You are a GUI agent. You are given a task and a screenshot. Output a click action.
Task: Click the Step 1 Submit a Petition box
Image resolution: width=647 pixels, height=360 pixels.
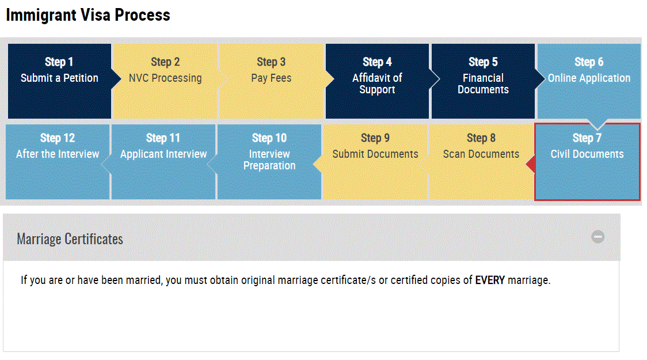(x=59, y=81)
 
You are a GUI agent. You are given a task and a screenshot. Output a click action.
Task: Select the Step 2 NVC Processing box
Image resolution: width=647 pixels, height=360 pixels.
(x=165, y=81)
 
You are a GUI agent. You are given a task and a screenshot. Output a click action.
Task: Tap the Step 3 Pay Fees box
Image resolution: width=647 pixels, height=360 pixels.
(x=271, y=81)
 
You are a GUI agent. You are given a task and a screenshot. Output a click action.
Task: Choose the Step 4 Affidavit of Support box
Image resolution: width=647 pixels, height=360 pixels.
(x=377, y=81)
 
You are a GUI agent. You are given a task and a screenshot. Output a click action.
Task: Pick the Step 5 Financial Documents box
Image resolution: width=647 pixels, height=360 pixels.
(x=483, y=81)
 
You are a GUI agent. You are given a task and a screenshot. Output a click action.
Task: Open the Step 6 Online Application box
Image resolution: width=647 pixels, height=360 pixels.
(x=589, y=81)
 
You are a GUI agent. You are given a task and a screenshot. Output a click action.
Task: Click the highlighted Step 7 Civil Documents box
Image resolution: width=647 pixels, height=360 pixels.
(x=587, y=162)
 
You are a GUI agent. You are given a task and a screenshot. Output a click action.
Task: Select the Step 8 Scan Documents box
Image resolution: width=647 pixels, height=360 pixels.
(x=481, y=162)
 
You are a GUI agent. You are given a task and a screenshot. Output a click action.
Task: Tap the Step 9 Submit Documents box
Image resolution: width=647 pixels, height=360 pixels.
(x=375, y=162)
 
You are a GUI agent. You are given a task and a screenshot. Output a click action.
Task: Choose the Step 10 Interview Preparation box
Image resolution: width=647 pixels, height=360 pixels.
(x=269, y=162)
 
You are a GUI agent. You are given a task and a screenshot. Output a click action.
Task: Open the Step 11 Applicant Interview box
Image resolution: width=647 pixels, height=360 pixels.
(x=163, y=162)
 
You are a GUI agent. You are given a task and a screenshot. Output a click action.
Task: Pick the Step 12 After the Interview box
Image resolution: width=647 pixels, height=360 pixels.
(x=58, y=162)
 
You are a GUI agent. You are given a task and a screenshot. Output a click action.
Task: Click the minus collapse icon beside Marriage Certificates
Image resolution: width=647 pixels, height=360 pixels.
(x=598, y=237)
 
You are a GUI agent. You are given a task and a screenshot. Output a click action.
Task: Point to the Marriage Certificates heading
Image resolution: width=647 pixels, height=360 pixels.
(x=70, y=239)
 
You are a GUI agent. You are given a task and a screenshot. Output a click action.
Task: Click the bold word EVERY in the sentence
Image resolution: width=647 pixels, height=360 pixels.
(x=490, y=281)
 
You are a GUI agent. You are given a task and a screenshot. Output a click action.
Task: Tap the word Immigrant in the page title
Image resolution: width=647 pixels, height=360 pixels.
(x=41, y=16)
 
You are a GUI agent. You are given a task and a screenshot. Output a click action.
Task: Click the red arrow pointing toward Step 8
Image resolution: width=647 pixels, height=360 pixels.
(x=531, y=164)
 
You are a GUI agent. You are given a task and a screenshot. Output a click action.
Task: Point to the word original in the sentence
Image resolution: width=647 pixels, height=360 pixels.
(x=258, y=281)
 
